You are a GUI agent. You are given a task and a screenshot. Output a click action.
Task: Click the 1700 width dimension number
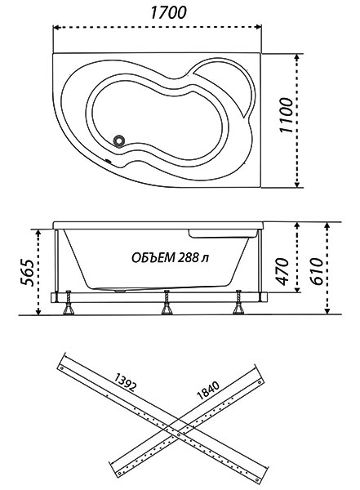(169, 13)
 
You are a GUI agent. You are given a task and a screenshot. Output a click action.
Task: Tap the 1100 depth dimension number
(287, 115)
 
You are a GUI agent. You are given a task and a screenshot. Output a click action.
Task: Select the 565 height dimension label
(28, 272)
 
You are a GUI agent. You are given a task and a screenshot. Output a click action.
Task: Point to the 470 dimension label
(282, 271)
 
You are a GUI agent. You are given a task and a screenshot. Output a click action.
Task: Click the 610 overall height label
(316, 271)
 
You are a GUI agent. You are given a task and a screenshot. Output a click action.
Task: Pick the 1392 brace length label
(125, 381)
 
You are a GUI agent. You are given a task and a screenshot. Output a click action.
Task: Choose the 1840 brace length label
(208, 390)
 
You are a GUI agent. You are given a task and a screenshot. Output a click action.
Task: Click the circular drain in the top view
(119, 140)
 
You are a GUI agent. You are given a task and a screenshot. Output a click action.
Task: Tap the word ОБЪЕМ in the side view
(153, 258)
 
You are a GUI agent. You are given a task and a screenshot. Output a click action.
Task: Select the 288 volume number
(189, 258)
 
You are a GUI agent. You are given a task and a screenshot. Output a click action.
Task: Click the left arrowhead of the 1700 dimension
(56, 28)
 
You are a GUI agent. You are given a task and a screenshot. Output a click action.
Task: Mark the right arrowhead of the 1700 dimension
(259, 27)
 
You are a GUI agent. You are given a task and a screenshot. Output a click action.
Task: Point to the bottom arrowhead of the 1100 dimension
(297, 185)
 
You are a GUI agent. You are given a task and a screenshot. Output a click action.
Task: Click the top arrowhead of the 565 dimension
(38, 233)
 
